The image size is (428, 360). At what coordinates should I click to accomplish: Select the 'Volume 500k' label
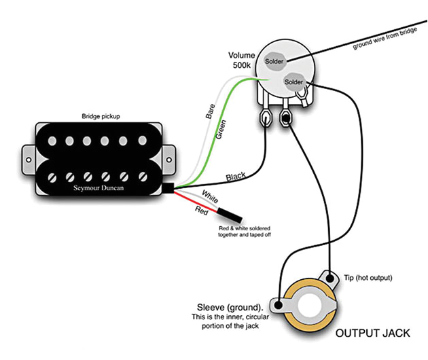pyautogui.click(x=242, y=60)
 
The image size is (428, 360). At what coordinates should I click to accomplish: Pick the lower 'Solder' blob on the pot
pyautogui.click(x=294, y=82)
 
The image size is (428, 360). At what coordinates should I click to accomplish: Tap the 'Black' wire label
pyautogui.click(x=236, y=176)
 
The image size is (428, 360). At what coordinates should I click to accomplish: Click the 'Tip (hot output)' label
pyautogui.click(x=368, y=278)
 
